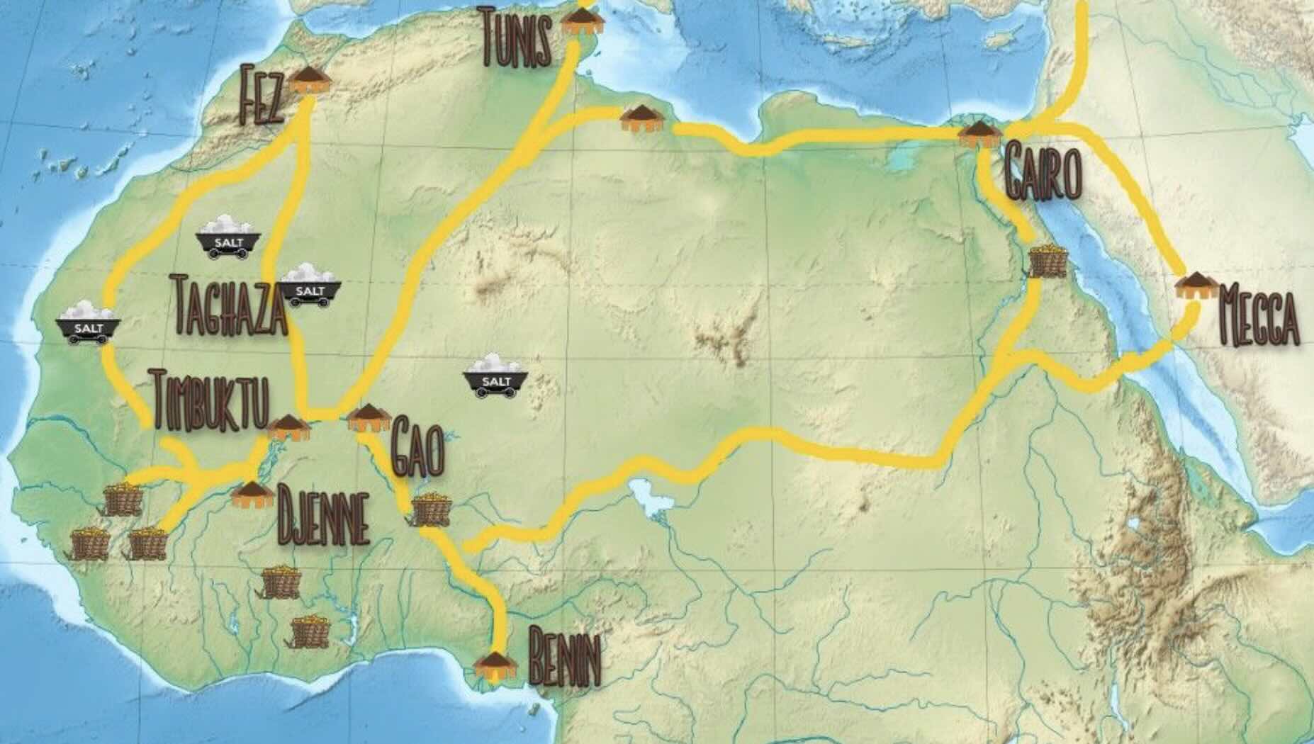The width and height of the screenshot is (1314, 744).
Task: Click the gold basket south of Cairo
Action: [x=1049, y=260]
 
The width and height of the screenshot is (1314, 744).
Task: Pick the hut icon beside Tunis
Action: [x=582, y=22]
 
